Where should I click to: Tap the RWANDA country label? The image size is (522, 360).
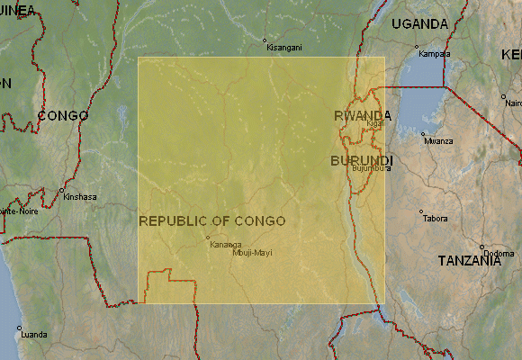click(363, 116)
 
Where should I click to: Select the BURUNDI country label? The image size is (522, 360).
click(362, 160)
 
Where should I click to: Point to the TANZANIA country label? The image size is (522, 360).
click(469, 261)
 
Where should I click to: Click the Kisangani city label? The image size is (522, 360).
click(284, 48)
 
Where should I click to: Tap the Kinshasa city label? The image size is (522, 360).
click(80, 197)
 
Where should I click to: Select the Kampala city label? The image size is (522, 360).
click(435, 54)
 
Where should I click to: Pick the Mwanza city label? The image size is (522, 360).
click(439, 141)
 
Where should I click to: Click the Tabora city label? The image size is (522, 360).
click(436, 219)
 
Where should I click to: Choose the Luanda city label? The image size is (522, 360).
click(33, 335)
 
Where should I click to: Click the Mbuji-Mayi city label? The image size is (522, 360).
click(251, 253)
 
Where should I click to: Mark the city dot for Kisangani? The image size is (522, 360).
click(265, 40)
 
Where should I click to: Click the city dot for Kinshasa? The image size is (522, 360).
click(61, 191)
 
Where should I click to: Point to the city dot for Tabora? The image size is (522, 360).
click(420, 212)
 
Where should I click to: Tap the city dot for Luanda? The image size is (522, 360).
click(18, 328)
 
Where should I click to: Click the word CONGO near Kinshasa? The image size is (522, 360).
click(63, 116)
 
